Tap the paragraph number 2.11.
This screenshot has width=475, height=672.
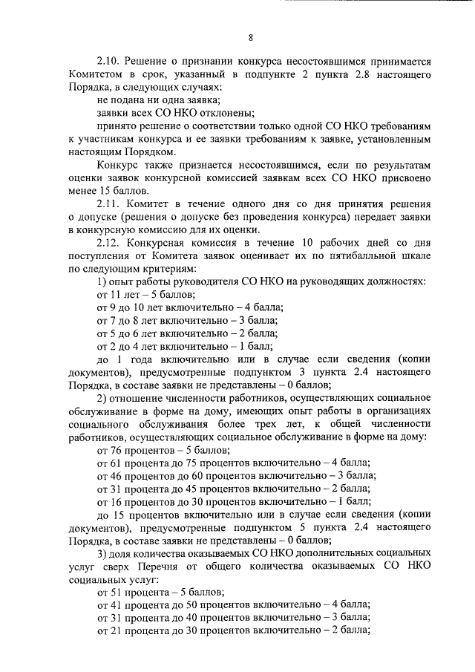point(109,203)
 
